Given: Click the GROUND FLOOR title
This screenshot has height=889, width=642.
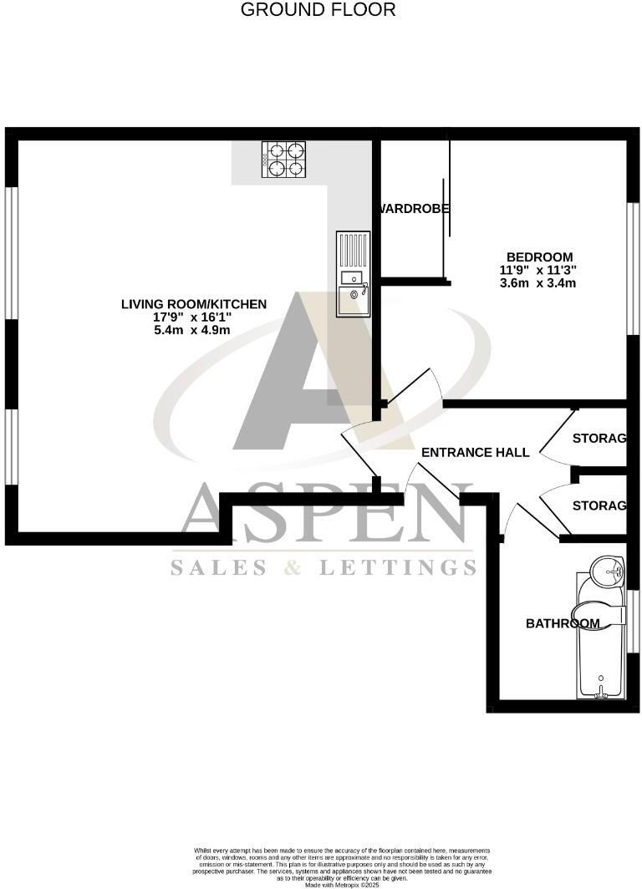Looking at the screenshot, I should click(x=318, y=10).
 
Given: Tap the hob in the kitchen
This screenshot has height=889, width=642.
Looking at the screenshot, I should click(x=284, y=159).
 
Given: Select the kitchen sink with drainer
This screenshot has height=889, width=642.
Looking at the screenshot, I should click(x=352, y=273).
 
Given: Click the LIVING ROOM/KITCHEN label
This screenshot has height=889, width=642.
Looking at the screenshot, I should click(x=194, y=304).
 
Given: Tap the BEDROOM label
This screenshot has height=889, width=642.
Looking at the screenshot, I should click(x=539, y=257).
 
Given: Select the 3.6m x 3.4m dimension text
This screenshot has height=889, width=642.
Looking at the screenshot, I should click(x=539, y=282).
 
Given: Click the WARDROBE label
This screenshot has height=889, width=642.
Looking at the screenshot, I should click(x=415, y=209).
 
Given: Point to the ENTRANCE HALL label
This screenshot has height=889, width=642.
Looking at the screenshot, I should click(x=475, y=452).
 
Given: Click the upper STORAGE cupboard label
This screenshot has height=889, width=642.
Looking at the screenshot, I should click(x=599, y=439).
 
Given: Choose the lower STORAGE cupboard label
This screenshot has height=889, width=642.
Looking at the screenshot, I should click(x=599, y=505).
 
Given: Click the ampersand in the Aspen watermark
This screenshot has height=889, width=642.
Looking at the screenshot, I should click(x=292, y=568).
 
